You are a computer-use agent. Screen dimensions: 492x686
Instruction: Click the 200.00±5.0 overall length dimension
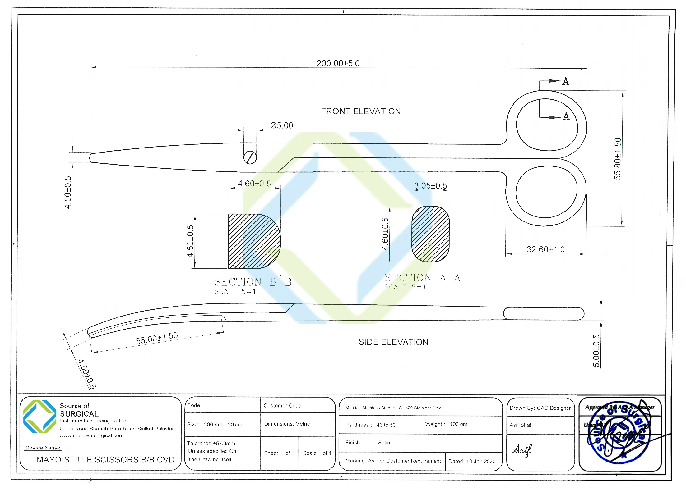(x=338, y=63)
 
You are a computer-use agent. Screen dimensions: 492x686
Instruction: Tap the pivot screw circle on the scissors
(x=250, y=157)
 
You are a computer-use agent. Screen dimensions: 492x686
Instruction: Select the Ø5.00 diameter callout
(x=281, y=125)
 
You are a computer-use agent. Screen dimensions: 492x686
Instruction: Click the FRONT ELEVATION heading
(x=361, y=111)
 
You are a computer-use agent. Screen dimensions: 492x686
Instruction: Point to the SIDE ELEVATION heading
(x=393, y=342)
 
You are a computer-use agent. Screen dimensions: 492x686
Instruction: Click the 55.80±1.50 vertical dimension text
(x=617, y=159)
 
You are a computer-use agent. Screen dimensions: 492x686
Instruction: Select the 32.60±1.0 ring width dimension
(x=545, y=249)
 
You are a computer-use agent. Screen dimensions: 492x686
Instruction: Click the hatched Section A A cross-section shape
(x=430, y=234)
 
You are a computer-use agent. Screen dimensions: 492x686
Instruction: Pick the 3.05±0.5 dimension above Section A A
(x=430, y=186)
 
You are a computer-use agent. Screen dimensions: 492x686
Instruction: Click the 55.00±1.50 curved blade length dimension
(x=157, y=338)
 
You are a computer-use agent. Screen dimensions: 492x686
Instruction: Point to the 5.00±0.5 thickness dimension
(x=596, y=351)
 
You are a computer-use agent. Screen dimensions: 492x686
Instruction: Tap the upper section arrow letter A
(x=566, y=82)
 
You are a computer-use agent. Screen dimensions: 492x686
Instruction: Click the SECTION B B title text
(x=253, y=282)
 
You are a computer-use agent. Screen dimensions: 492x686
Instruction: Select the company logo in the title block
(x=40, y=417)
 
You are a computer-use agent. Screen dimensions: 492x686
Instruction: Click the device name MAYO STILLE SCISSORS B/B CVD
(x=105, y=460)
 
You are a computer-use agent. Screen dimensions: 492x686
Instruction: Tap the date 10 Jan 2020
(x=480, y=461)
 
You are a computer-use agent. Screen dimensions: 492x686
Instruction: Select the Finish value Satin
(x=384, y=443)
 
